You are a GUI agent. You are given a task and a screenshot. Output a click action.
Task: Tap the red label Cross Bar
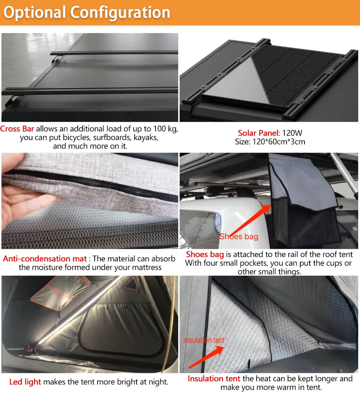17,129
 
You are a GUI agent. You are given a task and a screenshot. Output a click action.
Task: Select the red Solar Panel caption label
258,133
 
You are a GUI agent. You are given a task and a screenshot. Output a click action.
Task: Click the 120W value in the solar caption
290,133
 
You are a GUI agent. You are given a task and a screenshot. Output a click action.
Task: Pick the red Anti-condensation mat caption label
45,258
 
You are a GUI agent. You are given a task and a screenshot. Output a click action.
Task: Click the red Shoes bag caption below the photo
205,255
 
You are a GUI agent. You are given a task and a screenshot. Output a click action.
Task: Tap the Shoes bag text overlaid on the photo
239,237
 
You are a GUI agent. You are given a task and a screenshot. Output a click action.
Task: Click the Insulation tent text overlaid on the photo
204,340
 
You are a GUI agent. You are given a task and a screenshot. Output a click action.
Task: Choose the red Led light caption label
25,382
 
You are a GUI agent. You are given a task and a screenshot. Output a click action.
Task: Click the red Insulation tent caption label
214,379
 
